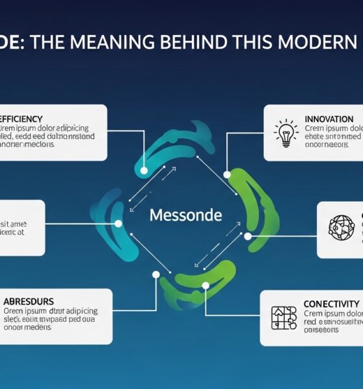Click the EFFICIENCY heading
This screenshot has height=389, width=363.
pos(22,119)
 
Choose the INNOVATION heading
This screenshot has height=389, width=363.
pos(329,119)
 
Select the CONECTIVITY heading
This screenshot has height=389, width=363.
pos(331,303)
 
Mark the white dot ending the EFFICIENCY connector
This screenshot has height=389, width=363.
pos(144,171)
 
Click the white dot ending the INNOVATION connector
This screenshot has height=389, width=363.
pos(227,174)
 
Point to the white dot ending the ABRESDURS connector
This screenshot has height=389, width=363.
pos(156,274)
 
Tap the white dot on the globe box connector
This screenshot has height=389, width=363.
pos(248,236)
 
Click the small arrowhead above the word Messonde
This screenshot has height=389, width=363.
pos(174,169)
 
